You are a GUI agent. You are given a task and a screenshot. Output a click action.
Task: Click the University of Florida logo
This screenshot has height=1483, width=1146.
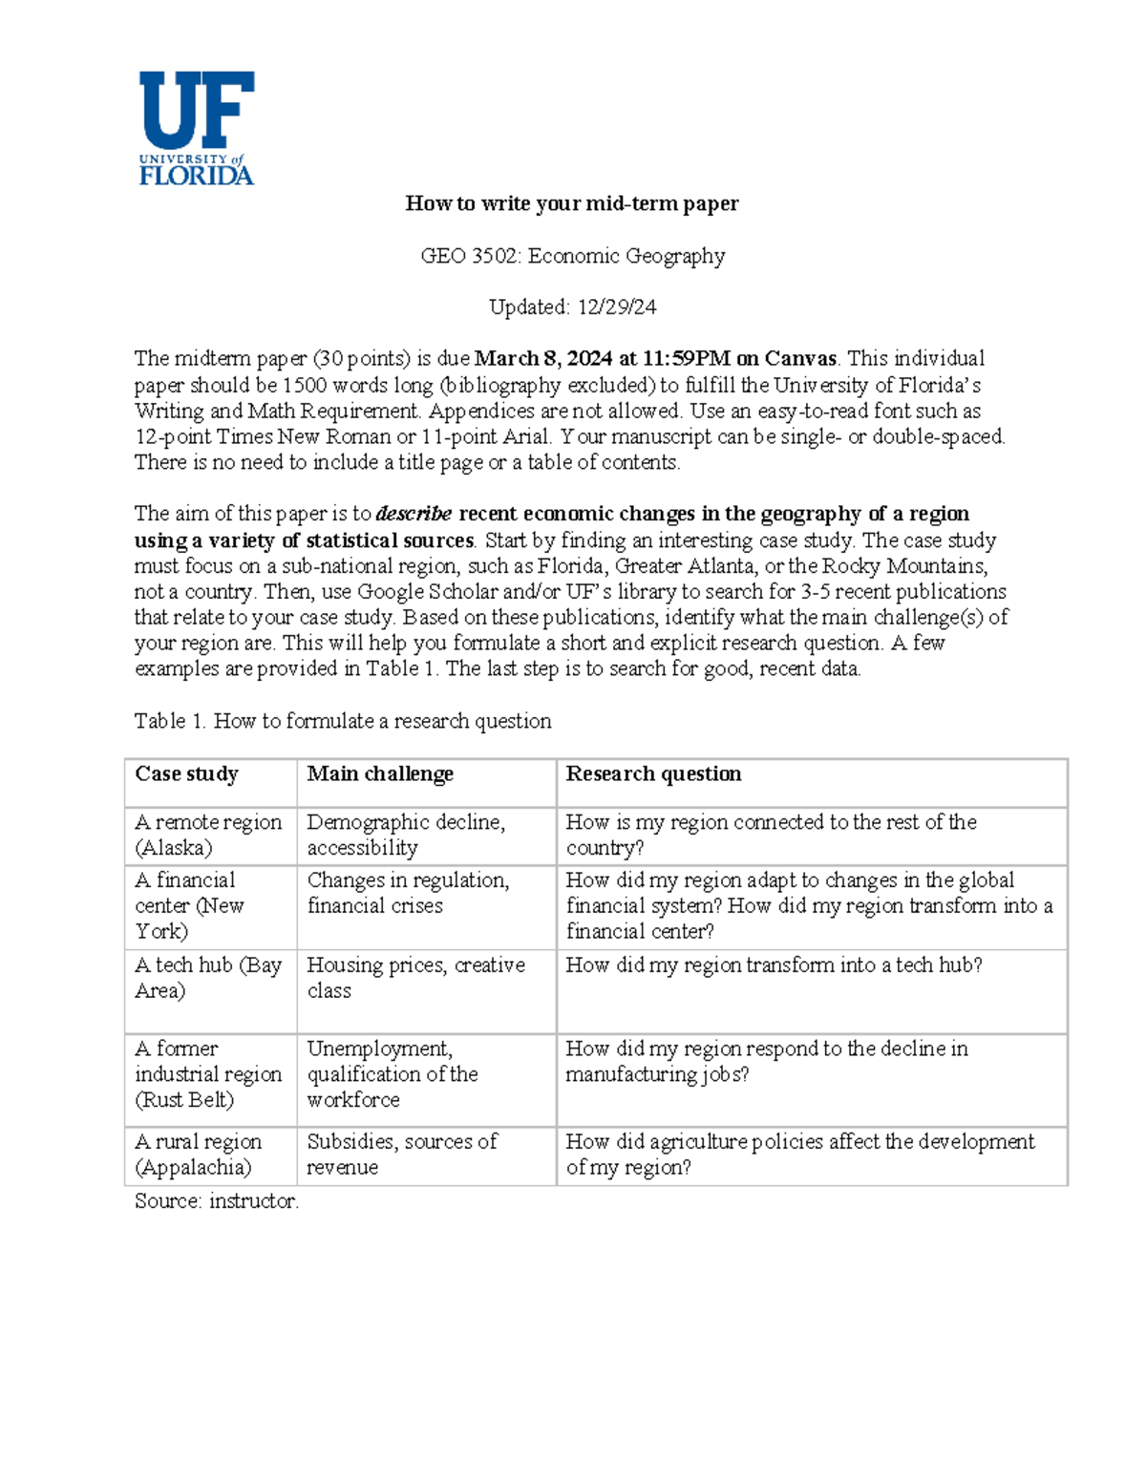(x=197, y=128)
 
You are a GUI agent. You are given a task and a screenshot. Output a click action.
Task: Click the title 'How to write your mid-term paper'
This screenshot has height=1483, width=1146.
(x=572, y=203)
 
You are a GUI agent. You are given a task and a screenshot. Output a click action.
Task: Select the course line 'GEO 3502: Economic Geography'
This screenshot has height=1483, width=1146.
(x=573, y=256)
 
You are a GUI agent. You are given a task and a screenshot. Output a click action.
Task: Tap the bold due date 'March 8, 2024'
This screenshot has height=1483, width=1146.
(x=542, y=359)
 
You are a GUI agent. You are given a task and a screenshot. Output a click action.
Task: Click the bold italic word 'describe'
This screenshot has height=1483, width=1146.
(x=414, y=514)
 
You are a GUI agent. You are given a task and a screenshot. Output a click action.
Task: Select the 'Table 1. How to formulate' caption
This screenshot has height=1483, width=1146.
(x=343, y=721)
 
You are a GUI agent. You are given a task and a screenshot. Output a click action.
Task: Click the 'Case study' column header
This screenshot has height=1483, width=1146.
(x=187, y=773)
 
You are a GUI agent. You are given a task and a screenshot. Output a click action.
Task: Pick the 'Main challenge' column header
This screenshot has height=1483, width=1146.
(x=380, y=773)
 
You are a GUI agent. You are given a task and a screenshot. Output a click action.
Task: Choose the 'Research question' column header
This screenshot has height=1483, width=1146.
(x=653, y=773)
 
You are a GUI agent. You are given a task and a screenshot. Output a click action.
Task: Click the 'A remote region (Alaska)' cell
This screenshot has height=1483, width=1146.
(x=208, y=835)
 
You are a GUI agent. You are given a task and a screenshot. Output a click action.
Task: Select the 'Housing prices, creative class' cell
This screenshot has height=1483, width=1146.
(x=415, y=978)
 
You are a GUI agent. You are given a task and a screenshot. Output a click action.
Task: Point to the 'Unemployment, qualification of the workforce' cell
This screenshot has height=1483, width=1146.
(x=392, y=1074)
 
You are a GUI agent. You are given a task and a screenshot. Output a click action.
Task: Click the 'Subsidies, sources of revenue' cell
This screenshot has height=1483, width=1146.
(x=401, y=1155)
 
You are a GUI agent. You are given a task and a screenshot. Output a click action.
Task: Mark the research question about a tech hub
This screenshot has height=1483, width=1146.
(x=774, y=965)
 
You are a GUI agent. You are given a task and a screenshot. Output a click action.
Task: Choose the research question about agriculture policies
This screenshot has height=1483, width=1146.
(x=799, y=1155)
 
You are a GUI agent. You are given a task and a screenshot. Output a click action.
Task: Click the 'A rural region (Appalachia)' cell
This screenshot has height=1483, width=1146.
(x=198, y=1155)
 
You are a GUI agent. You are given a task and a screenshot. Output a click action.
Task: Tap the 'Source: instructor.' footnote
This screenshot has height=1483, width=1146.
(x=217, y=1201)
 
